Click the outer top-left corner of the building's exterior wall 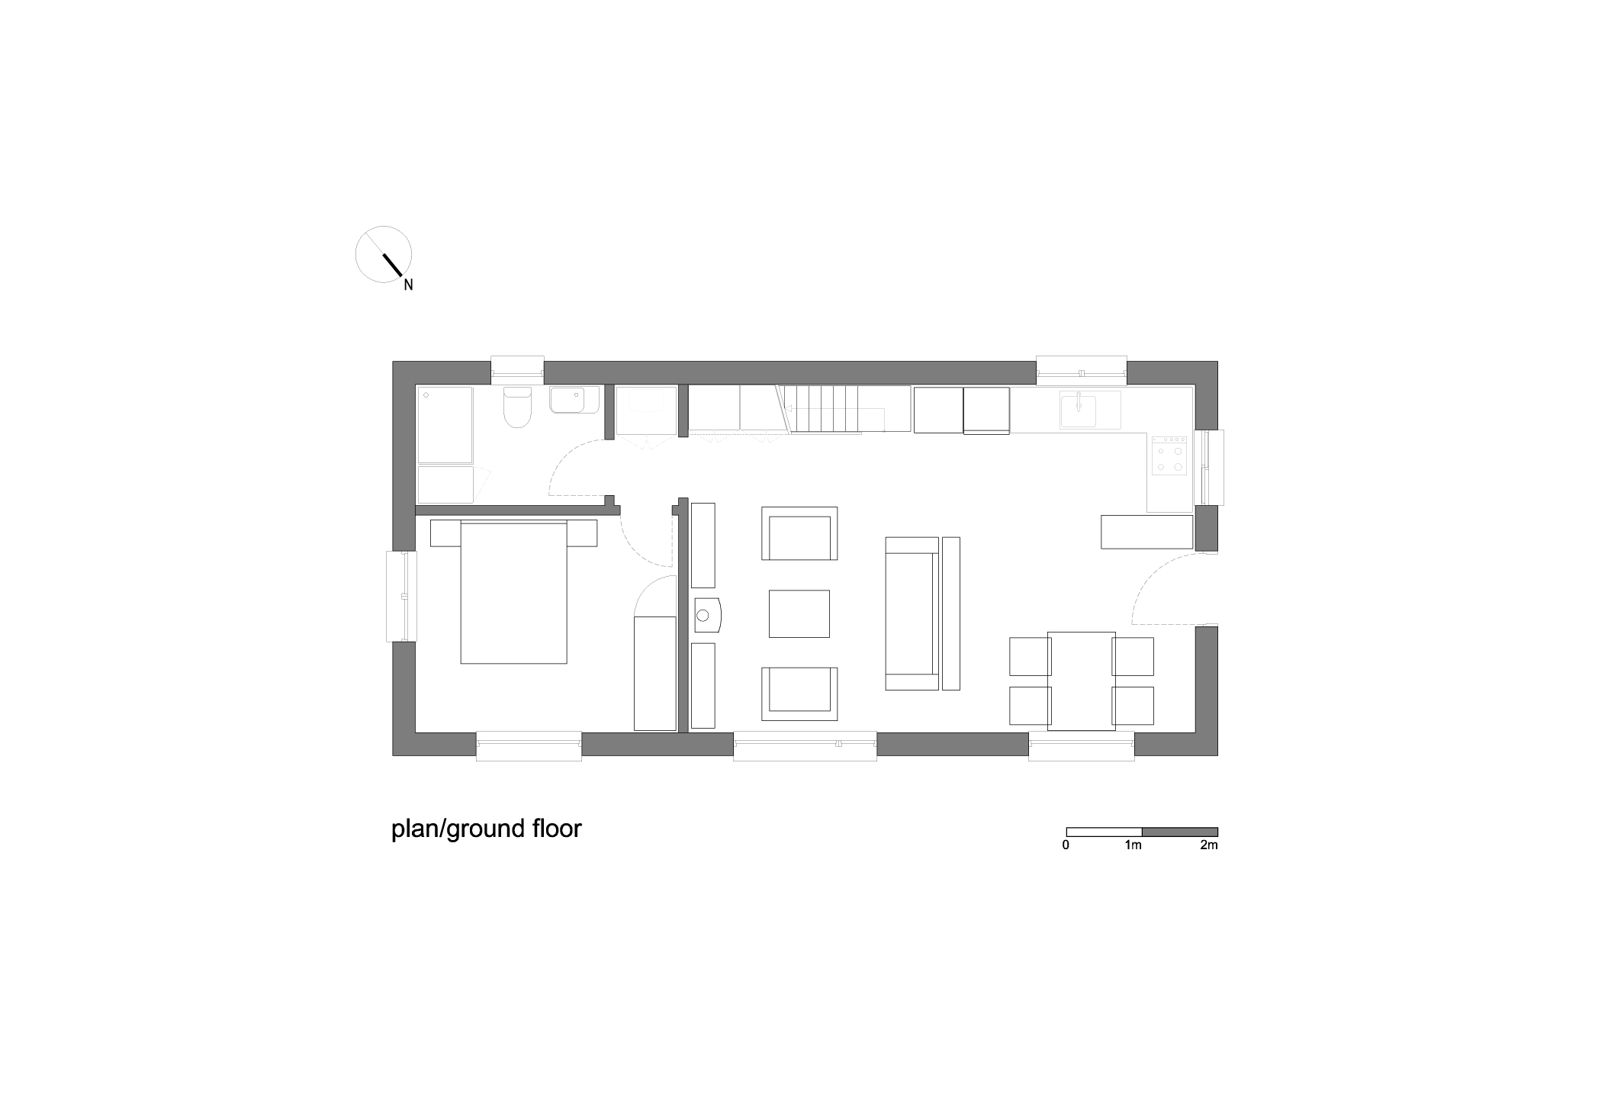click(x=393, y=362)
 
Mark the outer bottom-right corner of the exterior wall click(x=1217, y=755)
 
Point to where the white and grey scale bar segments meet click(x=1142, y=832)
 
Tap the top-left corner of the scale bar click(x=1066, y=828)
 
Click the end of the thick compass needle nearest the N click(x=401, y=275)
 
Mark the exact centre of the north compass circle click(x=384, y=254)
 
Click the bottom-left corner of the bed click(x=461, y=663)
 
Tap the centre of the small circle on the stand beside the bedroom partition click(x=703, y=614)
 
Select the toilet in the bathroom click(x=518, y=407)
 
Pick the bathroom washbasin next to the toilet click(x=574, y=400)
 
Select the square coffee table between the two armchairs click(x=799, y=613)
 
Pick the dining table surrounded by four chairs click(x=1082, y=681)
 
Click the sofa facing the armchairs click(x=912, y=613)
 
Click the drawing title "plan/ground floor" click(x=487, y=829)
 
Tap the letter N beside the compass click(x=408, y=285)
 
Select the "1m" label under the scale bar click(x=1133, y=845)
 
